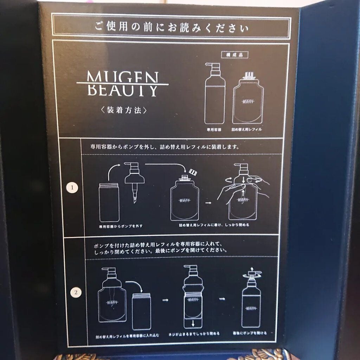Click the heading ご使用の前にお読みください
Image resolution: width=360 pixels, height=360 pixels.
click(x=171, y=27)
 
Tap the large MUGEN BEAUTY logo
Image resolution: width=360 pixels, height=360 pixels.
click(x=122, y=84)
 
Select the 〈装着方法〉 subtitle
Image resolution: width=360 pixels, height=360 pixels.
click(x=122, y=110)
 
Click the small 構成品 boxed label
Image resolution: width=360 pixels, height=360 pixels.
click(x=234, y=55)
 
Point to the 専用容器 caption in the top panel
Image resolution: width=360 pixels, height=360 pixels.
click(x=214, y=129)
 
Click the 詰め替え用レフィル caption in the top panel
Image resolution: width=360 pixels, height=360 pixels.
click(x=246, y=129)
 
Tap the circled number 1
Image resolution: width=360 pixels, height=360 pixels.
click(x=72, y=188)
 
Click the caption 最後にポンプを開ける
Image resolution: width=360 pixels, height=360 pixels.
click(x=250, y=333)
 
